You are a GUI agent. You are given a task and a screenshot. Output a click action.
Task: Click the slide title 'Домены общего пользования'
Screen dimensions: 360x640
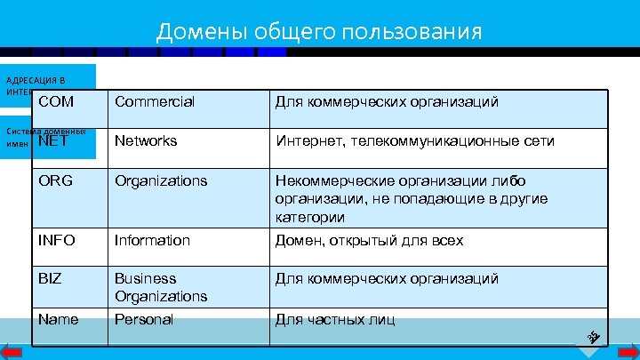[x=319, y=33]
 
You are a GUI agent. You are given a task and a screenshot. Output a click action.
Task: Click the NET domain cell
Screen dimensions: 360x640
[x=54, y=140]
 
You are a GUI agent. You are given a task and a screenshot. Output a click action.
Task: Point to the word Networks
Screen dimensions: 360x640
[x=146, y=140]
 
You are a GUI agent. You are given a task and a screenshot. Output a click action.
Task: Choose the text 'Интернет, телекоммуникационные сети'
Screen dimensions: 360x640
[x=414, y=140]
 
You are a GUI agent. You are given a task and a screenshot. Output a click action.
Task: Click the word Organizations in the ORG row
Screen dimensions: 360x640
[x=160, y=180]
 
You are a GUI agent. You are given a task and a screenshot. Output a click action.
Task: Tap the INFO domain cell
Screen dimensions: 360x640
[x=57, y=240]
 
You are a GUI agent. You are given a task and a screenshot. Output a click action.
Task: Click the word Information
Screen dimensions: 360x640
[x=152, y=240]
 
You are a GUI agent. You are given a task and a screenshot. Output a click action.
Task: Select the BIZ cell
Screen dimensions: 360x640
[x=50, y=278]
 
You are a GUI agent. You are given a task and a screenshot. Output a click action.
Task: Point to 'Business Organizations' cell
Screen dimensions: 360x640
[x=160, y=287]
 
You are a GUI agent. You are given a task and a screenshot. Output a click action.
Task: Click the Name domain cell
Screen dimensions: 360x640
[x=58, y=319]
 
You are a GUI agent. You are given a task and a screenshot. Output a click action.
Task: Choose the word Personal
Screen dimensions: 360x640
[x=144, y=319]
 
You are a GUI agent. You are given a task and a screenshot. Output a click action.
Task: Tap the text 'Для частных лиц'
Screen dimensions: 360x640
[x=335, y=319]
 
